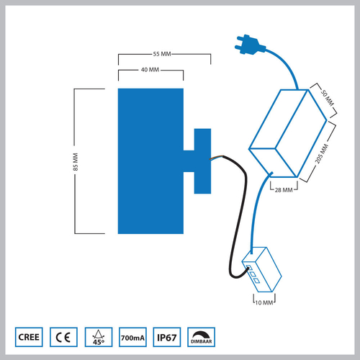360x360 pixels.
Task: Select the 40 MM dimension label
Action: point(150,70)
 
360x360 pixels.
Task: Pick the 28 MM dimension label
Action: point(284,190)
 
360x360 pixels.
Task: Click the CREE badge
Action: point(30,336)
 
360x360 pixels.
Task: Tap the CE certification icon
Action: point(63,336)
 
